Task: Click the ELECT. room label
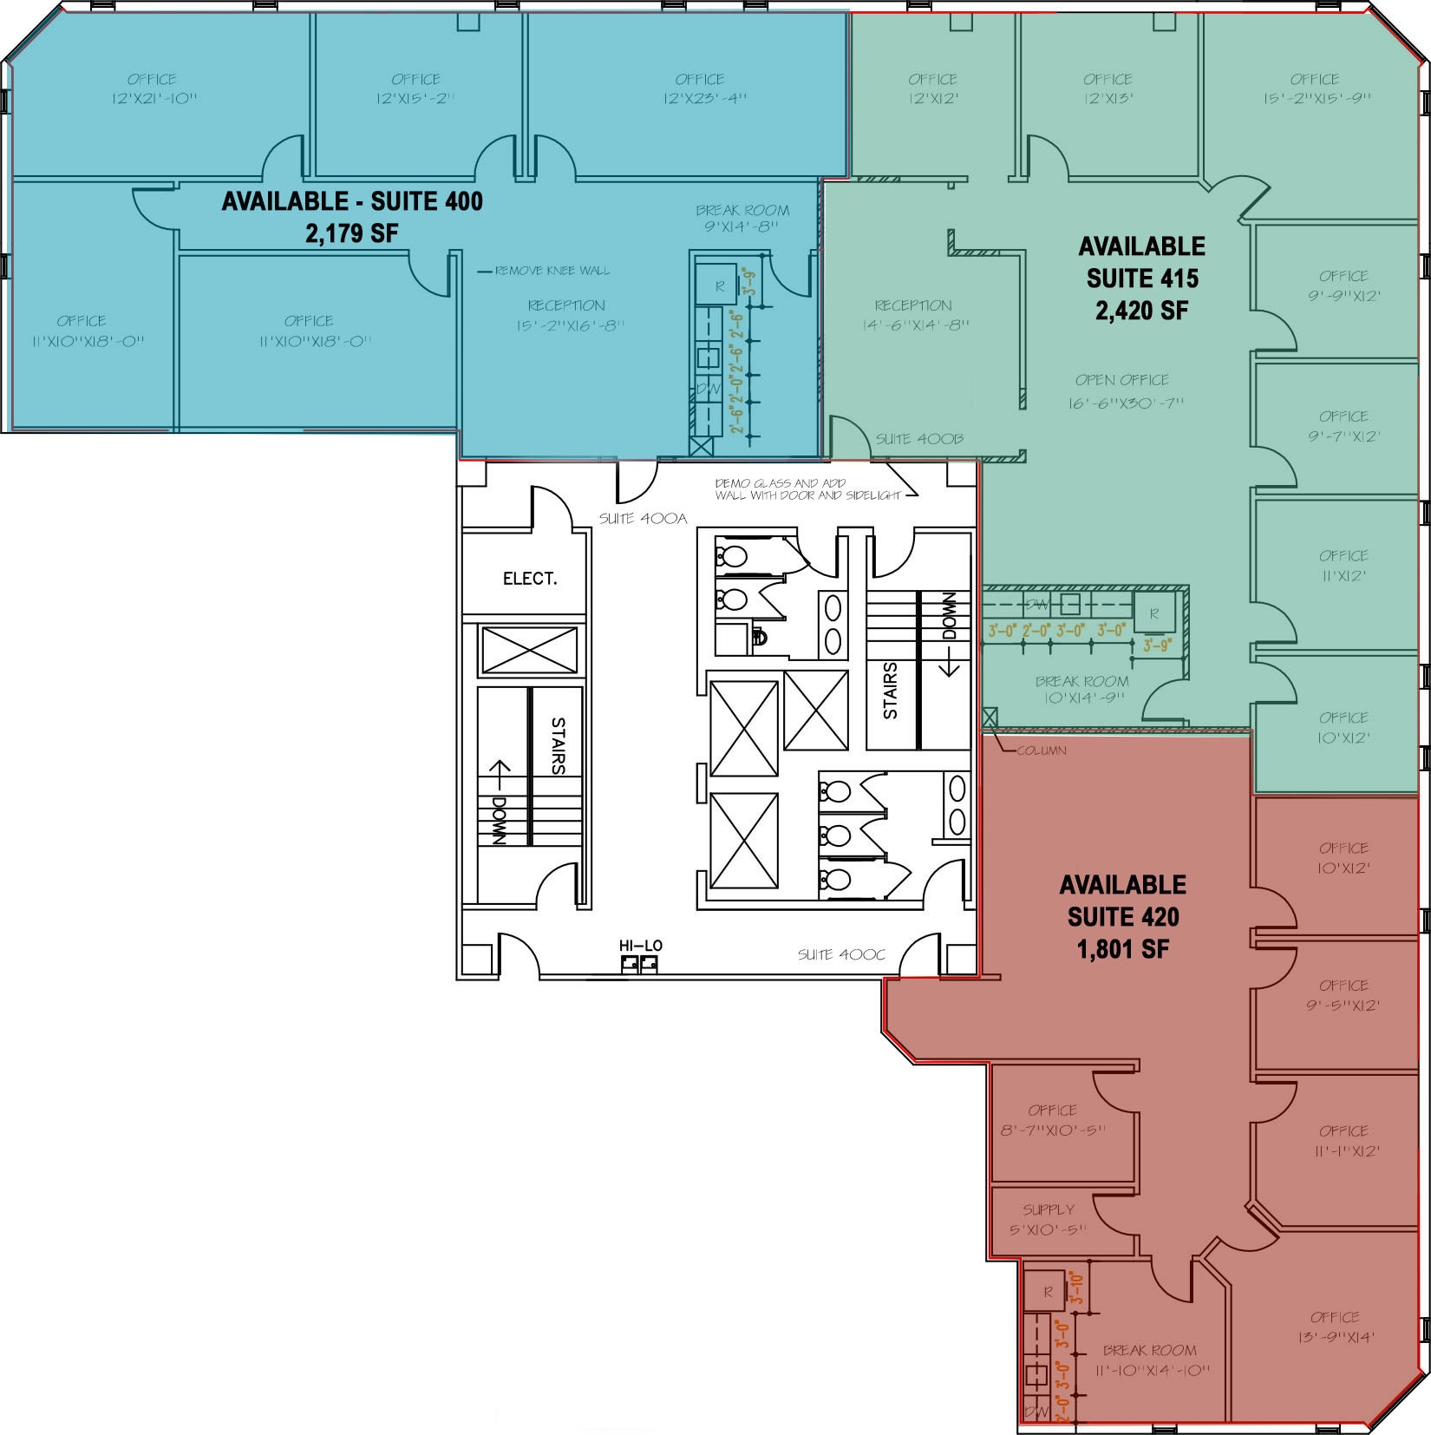click(x=529, y=579)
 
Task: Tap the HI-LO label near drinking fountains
click(x=640, y=946)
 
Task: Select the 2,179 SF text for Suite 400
click(x=351, y=233)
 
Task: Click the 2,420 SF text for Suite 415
click(x=1141, y=311)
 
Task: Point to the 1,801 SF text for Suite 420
click(x=1122, y=949)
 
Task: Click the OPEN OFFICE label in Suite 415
click(x=1121, y=380)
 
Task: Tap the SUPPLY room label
click(x=1048, y=1209)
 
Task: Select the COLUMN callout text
click(x=1041, y=750)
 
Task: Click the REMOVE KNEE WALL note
click(x=552, y=272)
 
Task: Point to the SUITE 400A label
click(x=643, y=519)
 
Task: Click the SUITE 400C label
click(x=840, y=954)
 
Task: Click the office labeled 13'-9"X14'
click(x=1336, y=1327)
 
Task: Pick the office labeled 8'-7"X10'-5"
click(x=1052, y=1120)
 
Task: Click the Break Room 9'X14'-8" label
click(x=742, y=219)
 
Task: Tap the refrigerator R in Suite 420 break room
click(x=1048, y=1292)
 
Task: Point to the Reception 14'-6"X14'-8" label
click(x=914, y=315)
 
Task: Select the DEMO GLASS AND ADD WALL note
click(x=804, y=489)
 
